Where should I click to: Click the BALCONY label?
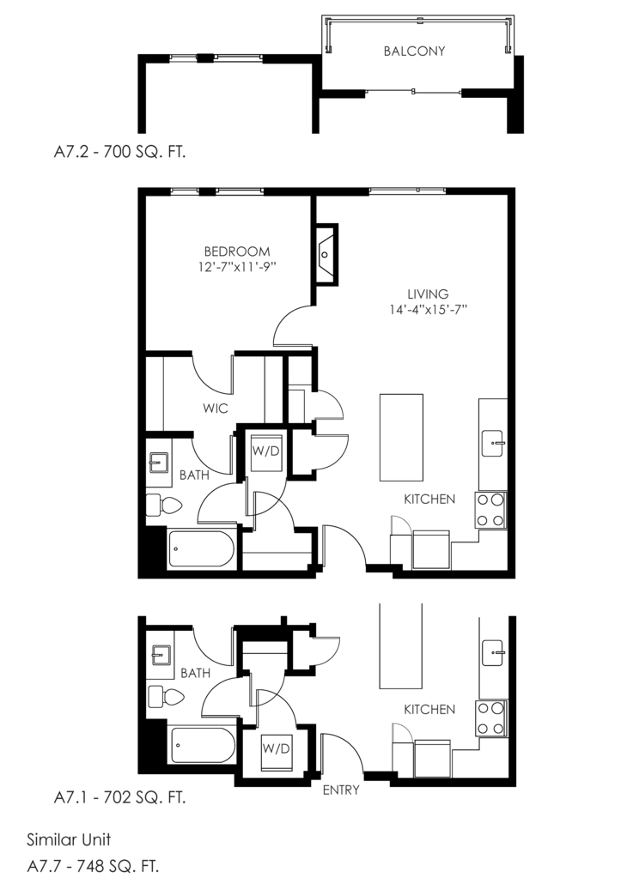414,51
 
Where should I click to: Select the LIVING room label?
428,294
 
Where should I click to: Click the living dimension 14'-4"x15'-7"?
428,310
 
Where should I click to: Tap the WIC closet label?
216,409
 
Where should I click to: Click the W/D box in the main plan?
265,451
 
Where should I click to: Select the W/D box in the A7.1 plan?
276,748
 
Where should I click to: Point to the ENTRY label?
340,790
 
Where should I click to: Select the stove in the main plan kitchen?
491,511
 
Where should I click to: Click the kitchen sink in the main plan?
496,445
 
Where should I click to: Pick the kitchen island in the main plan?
401,438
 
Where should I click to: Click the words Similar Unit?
69,839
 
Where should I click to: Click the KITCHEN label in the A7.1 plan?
429,710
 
